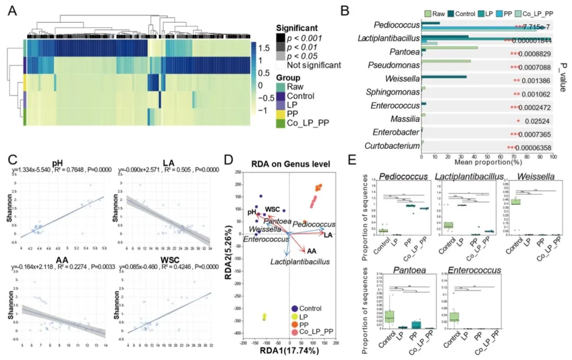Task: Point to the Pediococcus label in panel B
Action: [x=397, y=25]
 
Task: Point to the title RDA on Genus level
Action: [x=289, y=163]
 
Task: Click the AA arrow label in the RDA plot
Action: [x=311, y=250]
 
